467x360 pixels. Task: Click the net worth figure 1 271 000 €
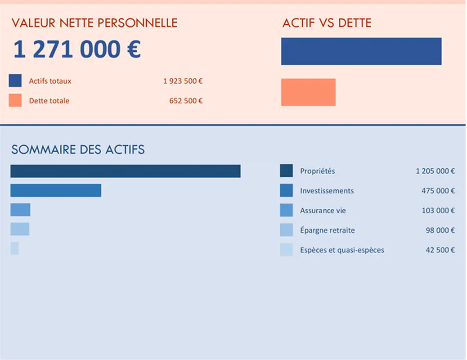[77, 49]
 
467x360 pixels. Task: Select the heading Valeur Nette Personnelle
[94, 23]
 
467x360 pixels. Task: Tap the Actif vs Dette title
[327, 23]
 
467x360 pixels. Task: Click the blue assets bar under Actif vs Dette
[361, 51]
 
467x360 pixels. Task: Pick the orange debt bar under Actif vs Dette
[308, 92]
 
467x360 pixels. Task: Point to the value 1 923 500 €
[183, 81]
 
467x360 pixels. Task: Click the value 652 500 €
[186, 101]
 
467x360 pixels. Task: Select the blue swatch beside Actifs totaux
[15, 81]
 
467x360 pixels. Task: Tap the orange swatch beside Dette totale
[15, 101]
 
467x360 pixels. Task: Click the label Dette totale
[49, 101]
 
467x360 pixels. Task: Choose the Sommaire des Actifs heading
[78, 149]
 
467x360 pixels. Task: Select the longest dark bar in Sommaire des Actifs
[125, 171]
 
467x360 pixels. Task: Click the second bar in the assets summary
[56, 190]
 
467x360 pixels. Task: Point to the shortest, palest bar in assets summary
[14, 248]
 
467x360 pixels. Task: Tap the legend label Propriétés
[317, 171]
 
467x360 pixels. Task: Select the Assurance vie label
[323, 211]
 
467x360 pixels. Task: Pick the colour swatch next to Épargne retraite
[286, 230]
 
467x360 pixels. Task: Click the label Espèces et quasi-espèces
[342, 250]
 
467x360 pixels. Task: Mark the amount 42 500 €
[440, 250]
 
